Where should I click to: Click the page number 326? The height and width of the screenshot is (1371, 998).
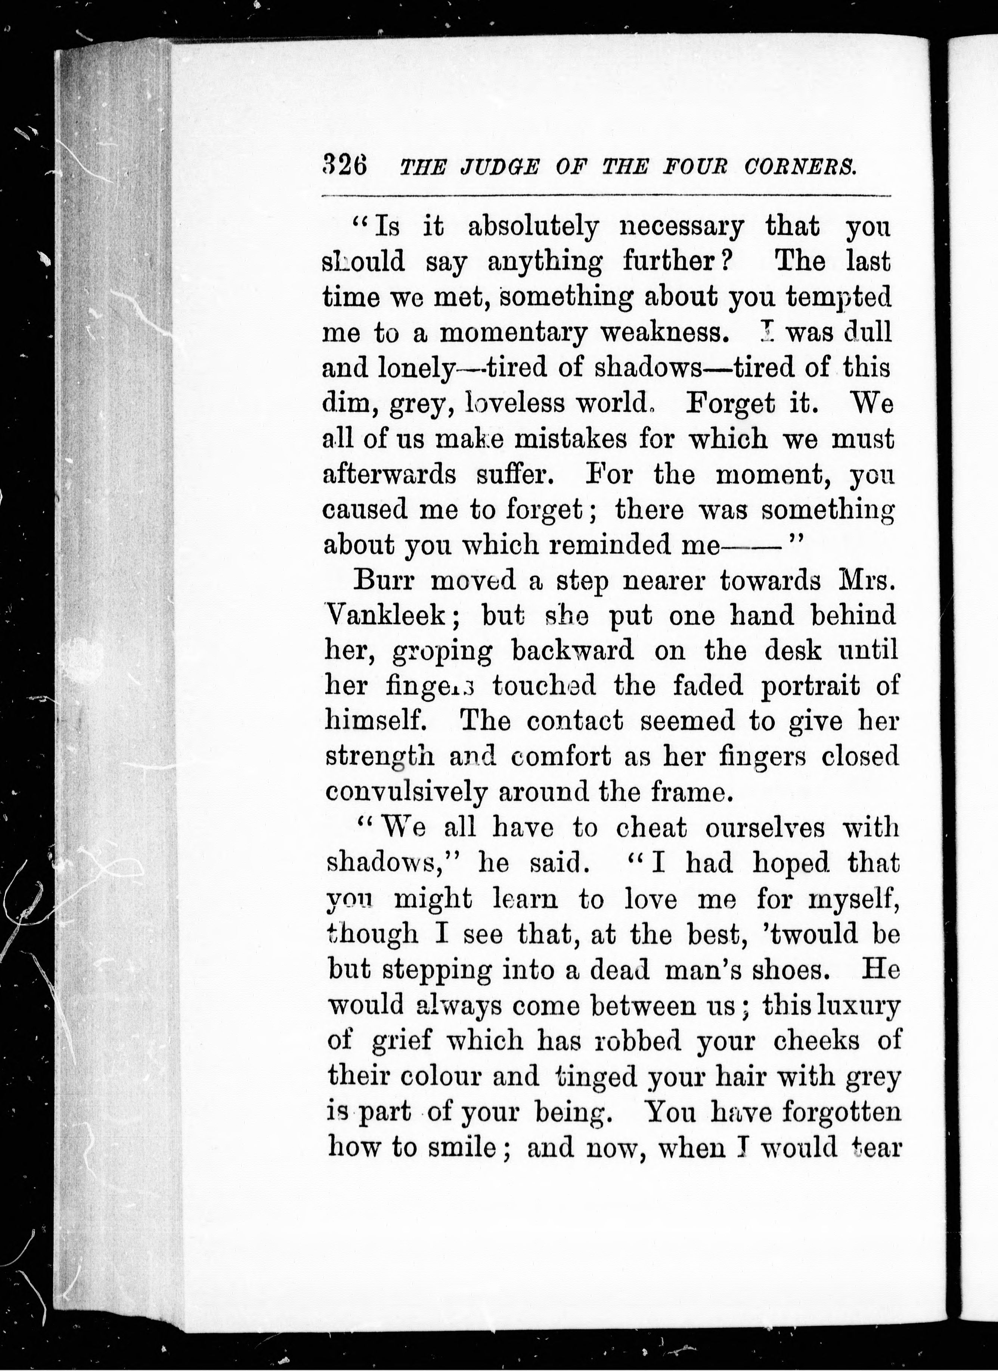tap(345, 164)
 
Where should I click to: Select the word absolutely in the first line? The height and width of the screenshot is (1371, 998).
tap(533, 228)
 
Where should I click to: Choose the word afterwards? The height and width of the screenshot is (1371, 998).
tap(390, 475)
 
